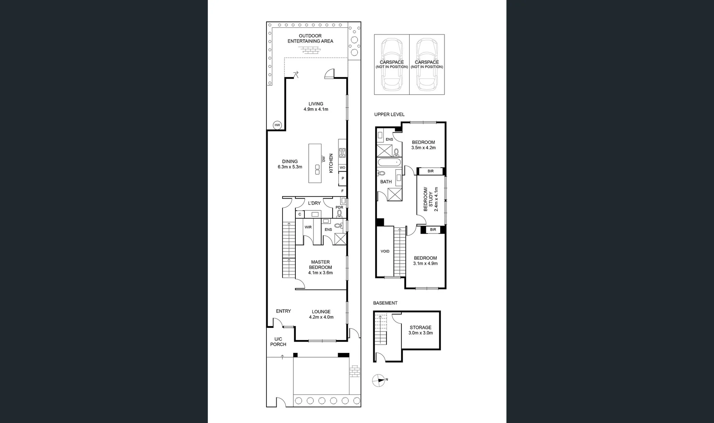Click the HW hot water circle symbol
tap(277, 125)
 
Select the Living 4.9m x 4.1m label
tap(316, 107)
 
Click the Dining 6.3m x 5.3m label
tap(290, 164)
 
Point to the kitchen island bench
tap(315, 163)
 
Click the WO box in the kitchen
tap(342, 168)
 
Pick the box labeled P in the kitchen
tap(343, 179)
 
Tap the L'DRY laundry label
tap(314, 203)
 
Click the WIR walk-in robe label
tap(308, 227)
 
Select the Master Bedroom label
tap(320, 267)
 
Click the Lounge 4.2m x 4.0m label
tap(321, 315)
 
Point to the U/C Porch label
tap(278, 342)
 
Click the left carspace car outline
tap(392, 64)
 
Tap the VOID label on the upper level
tap(385, 251)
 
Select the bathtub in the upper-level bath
tap(389, 162)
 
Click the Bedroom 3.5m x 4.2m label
tap(423, 145)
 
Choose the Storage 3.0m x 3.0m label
tap(421, 330)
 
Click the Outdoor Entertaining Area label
tap(310, 38)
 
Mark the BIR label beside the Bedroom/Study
tap(430, 171)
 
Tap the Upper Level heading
tap(389, 114)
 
